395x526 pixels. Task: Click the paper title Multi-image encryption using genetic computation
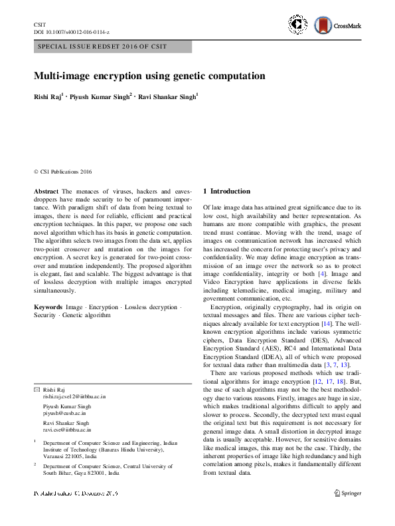tap(149, 76)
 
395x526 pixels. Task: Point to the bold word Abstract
tap(46, 192)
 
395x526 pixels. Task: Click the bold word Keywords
tap(48, 307)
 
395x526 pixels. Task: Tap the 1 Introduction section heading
tap(226, 192)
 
